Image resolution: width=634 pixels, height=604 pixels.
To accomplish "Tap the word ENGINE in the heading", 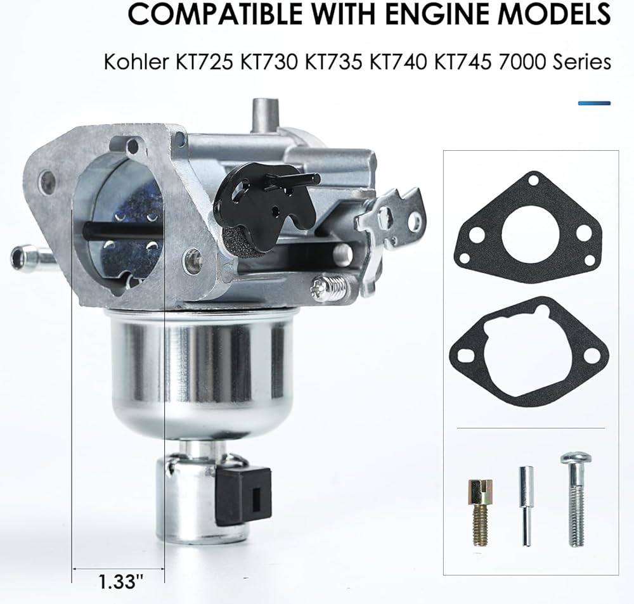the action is click(x=439, y=13).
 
